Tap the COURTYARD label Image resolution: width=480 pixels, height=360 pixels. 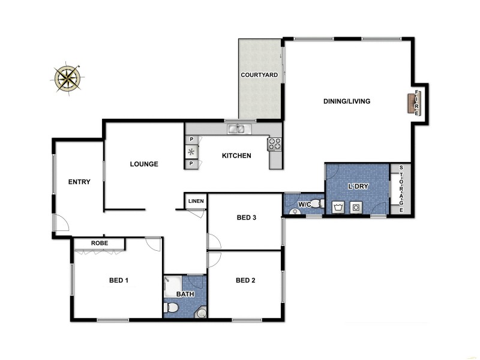tap(259, 75)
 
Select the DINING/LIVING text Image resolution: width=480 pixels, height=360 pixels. tap(347, 101)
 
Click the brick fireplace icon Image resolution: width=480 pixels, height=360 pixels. tap(412, 104)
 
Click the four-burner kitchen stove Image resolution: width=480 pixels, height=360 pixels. tap(275, 143)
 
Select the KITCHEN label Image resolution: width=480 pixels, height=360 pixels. tap(236, 156)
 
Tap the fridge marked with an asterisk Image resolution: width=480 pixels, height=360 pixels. tap(191, 151)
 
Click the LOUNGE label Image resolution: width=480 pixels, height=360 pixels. tap(144, 164)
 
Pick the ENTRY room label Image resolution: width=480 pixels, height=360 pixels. tap(79, 182)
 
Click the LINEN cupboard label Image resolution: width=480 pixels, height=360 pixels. tap(196, 201)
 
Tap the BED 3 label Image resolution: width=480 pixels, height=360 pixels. tap(246, 218)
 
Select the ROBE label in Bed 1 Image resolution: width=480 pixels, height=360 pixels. tap(99, 244)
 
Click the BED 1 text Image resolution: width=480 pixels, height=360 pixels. tap(119, 280)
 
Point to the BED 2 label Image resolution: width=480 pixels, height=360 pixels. tap(246, 280)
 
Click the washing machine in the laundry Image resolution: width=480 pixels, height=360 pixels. tap(356, 208)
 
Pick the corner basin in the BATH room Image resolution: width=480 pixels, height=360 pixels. tap(201, 312)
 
